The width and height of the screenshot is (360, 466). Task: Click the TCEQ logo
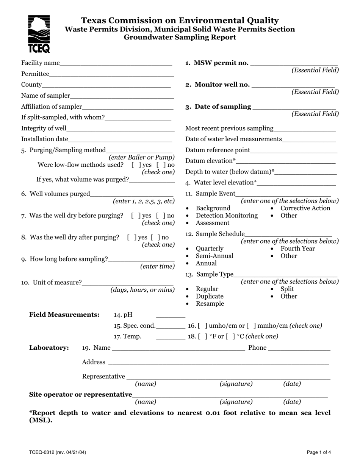pyautogui.click(x=39, y=34)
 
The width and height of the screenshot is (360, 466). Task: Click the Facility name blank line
pyautogui.click(x=116, y=64)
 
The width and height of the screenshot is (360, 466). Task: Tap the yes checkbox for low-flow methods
pyautogui.click(x=135, y=165)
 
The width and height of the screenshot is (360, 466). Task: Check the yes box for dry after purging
pyautogui.click(x=131, y=238)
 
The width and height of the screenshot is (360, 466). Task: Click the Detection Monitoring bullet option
pyautogui.click(x=226, y=216)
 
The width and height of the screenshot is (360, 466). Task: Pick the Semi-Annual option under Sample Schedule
pyautogui.click(x=214, y=256)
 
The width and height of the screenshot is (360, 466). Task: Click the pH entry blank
pyautogui.click(x=171, y=315)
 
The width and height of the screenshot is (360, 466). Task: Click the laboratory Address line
pyautogui.click(x=218, y=363)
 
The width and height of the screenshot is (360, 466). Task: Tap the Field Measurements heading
pyautogui.click(x=64, y=314)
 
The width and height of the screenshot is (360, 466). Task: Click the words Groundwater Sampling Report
pyautogui.click(x=180, y=37)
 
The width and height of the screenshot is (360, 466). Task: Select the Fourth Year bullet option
pyautogui.click(x=297, y=249)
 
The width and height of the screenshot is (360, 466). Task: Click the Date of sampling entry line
pyautogui.click(x=294, y=107)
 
